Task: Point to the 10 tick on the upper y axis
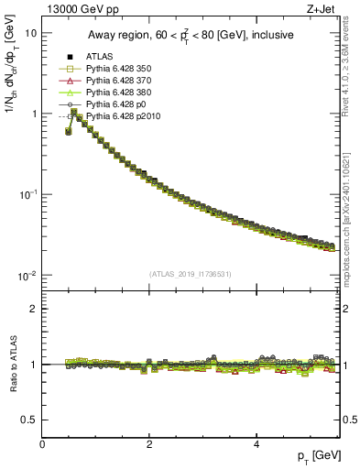(x=30, y=33)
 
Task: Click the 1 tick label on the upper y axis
(x=33, y=115)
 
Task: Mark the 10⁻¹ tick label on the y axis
(x=27, y=194)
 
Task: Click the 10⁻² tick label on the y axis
(x=27, y=276)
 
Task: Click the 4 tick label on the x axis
(x=256, y=445)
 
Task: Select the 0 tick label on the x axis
(x=42, y=445)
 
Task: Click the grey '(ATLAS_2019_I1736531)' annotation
(x=191, y=274)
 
